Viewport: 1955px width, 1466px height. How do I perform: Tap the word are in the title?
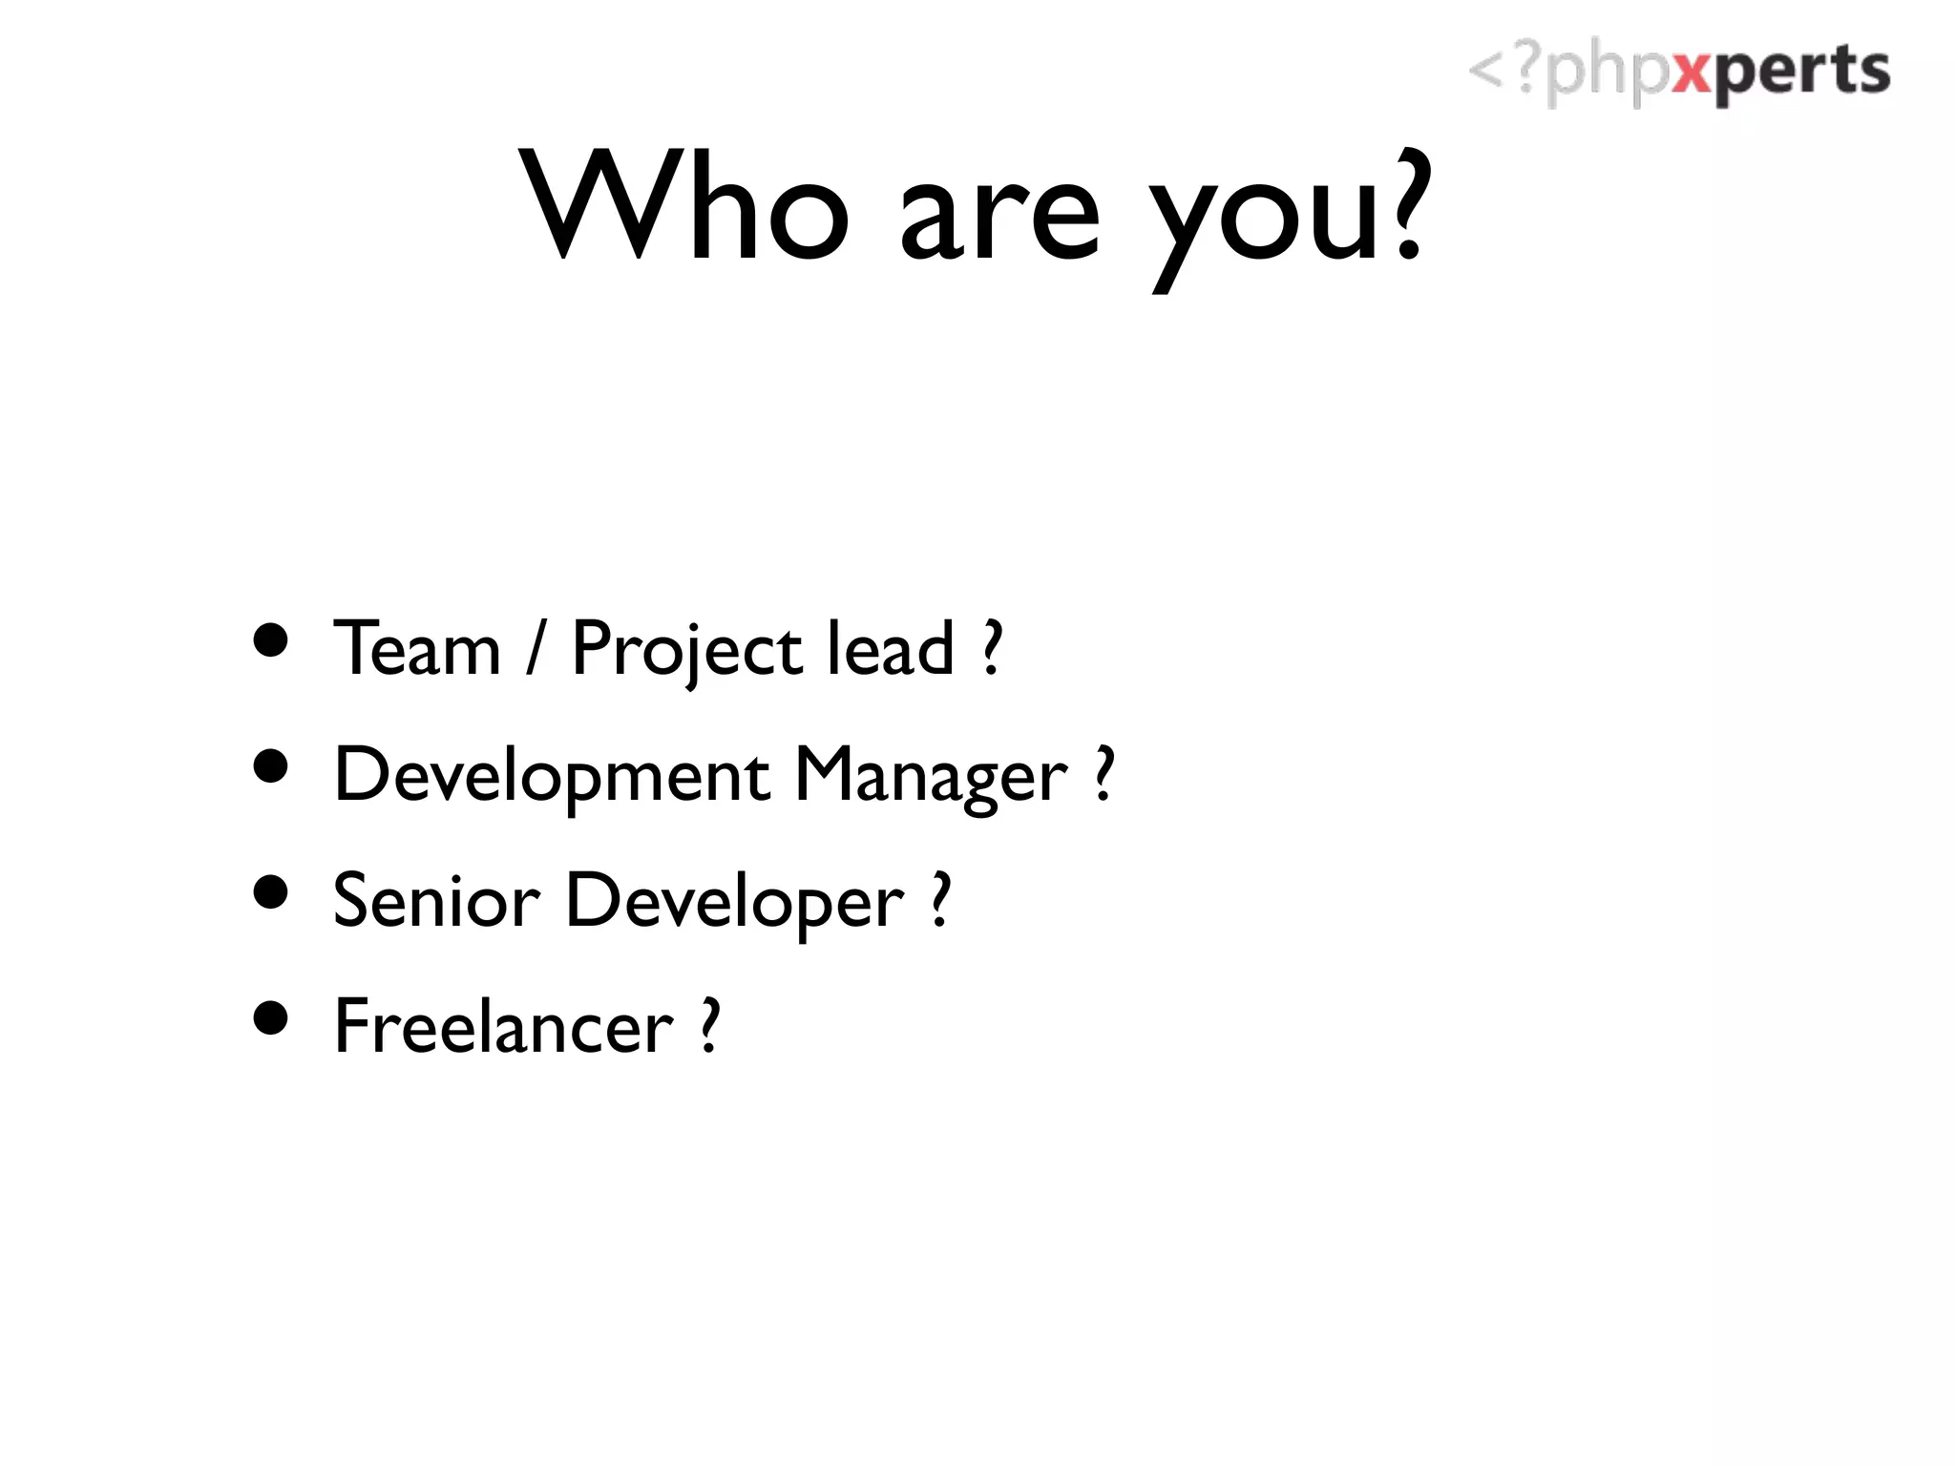tap(999, 220)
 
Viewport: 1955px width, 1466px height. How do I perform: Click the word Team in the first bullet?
tap(417, 649)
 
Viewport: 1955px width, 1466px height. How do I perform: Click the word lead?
tap(890, 649)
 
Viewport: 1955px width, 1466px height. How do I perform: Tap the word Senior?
tap(436, 901)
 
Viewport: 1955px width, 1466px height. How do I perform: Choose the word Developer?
tap(734, 903)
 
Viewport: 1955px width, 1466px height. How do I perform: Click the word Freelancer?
tap(503, 1027)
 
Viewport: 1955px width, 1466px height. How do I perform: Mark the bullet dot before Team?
tap(272, 641)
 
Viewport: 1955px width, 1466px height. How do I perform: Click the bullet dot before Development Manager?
tap(272, 766)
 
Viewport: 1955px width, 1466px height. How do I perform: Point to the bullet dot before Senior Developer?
tap(272, 892)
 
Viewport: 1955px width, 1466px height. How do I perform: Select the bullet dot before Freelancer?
tap(272, 1017)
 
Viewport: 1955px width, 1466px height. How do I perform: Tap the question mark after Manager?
tap(1104, 774)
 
